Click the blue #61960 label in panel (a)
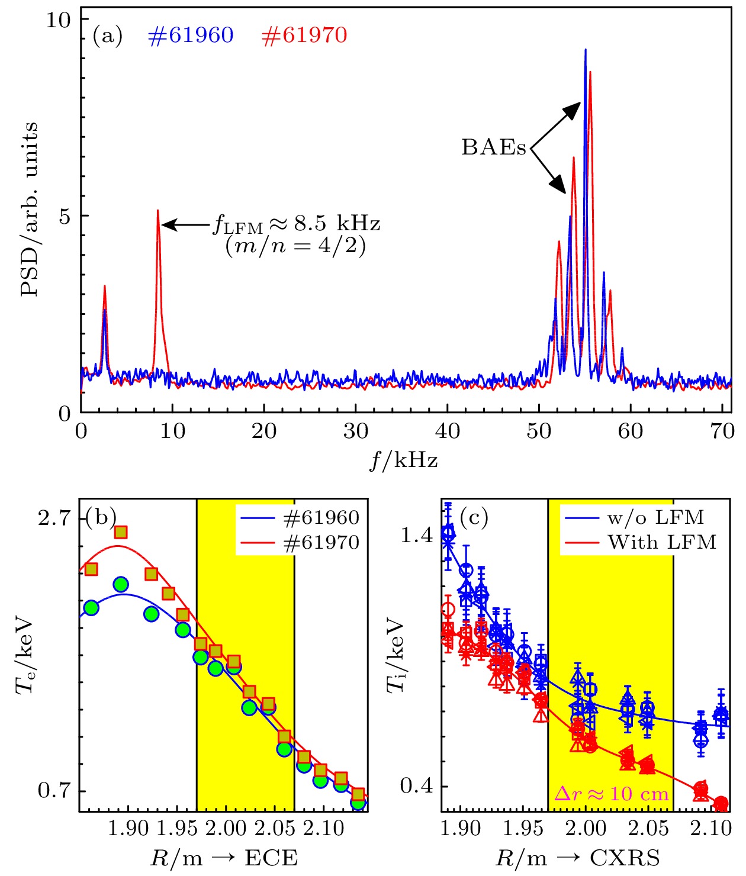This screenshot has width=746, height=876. (x=191, y=36)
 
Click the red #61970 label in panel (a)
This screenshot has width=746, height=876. (x=304, y=36)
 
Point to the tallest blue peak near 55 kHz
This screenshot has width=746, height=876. (x=586, y=51)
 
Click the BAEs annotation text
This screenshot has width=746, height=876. (x=493, y=147)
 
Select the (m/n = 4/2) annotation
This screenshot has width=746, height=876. (x=295, y=245)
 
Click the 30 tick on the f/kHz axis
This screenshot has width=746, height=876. (x=355, y=431)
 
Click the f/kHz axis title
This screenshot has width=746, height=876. (x=404, y=459)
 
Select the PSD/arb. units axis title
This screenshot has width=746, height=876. (x=30, y=210)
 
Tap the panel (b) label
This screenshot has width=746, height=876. (x=101, y=517)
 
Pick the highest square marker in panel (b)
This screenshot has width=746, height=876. (x=121, y=533)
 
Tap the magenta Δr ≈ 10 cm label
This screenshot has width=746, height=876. (x=611, y=794)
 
